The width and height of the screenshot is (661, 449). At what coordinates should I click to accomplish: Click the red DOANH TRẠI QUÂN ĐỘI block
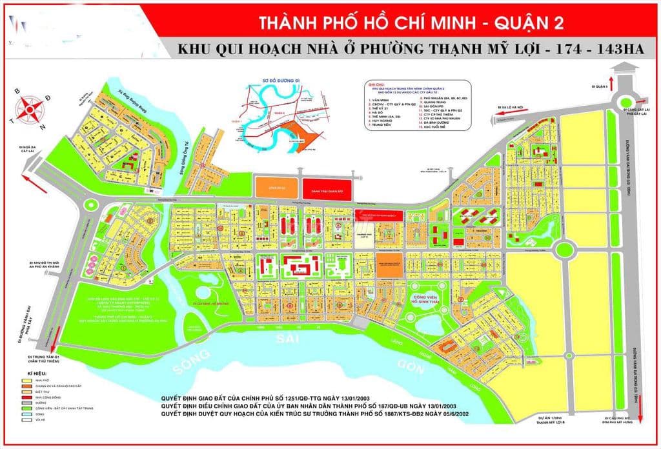point(321,188)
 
